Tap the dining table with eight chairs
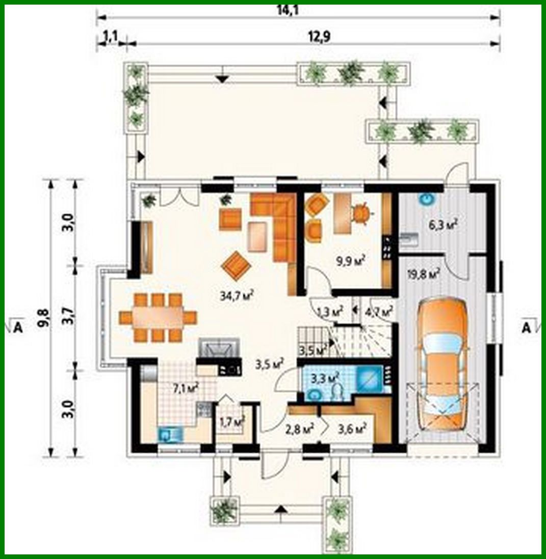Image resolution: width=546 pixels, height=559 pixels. (x=158, y=318)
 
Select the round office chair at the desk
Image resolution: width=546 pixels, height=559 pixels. (x=360, y=213)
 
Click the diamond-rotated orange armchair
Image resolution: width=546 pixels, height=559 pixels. (x=236, y=266)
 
